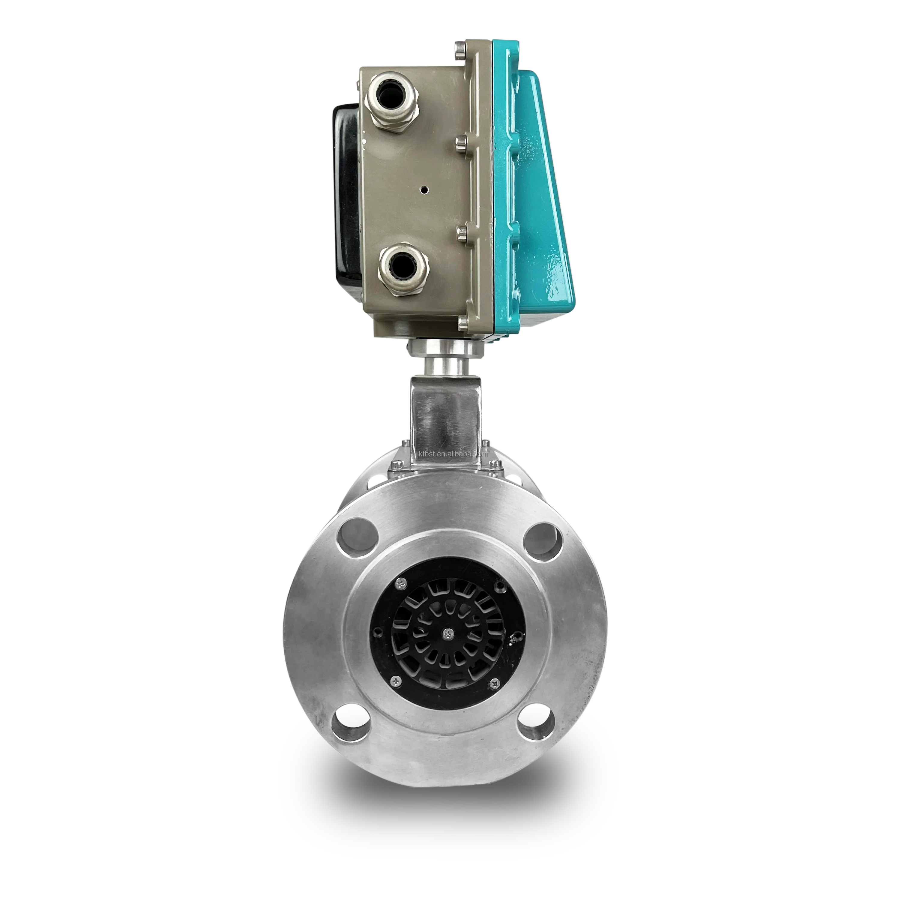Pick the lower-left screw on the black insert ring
[397, 679]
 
